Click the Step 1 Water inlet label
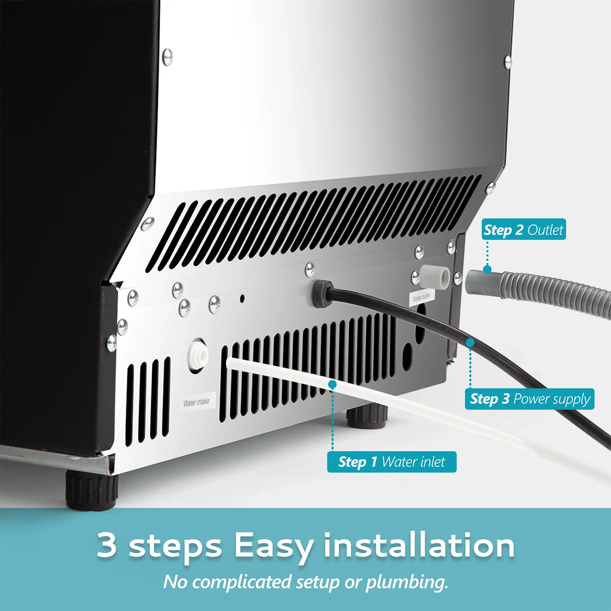point(391,462)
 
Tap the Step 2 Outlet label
point(523,230)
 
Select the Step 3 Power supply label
point(529,399)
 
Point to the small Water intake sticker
point(196,402)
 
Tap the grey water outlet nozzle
point(435,277)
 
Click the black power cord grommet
point(322,293)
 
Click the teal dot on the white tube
point(332,384)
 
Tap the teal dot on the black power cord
point(470,343)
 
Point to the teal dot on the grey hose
point(487,269)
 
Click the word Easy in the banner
point(274,546)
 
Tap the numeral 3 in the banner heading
point(107,545)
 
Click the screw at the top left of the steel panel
point(167,57)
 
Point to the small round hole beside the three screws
point(242,299)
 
